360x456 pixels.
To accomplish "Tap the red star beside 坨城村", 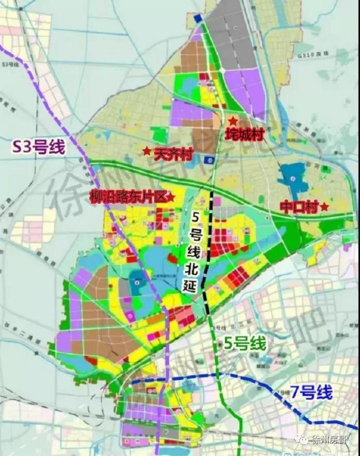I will click(232, 120).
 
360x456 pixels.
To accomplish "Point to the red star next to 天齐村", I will click(146, 151).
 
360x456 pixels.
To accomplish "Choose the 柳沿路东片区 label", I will click(128, 196).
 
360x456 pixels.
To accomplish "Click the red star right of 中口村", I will click(325, 207).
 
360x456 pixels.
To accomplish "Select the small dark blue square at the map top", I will click(197, 19).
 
